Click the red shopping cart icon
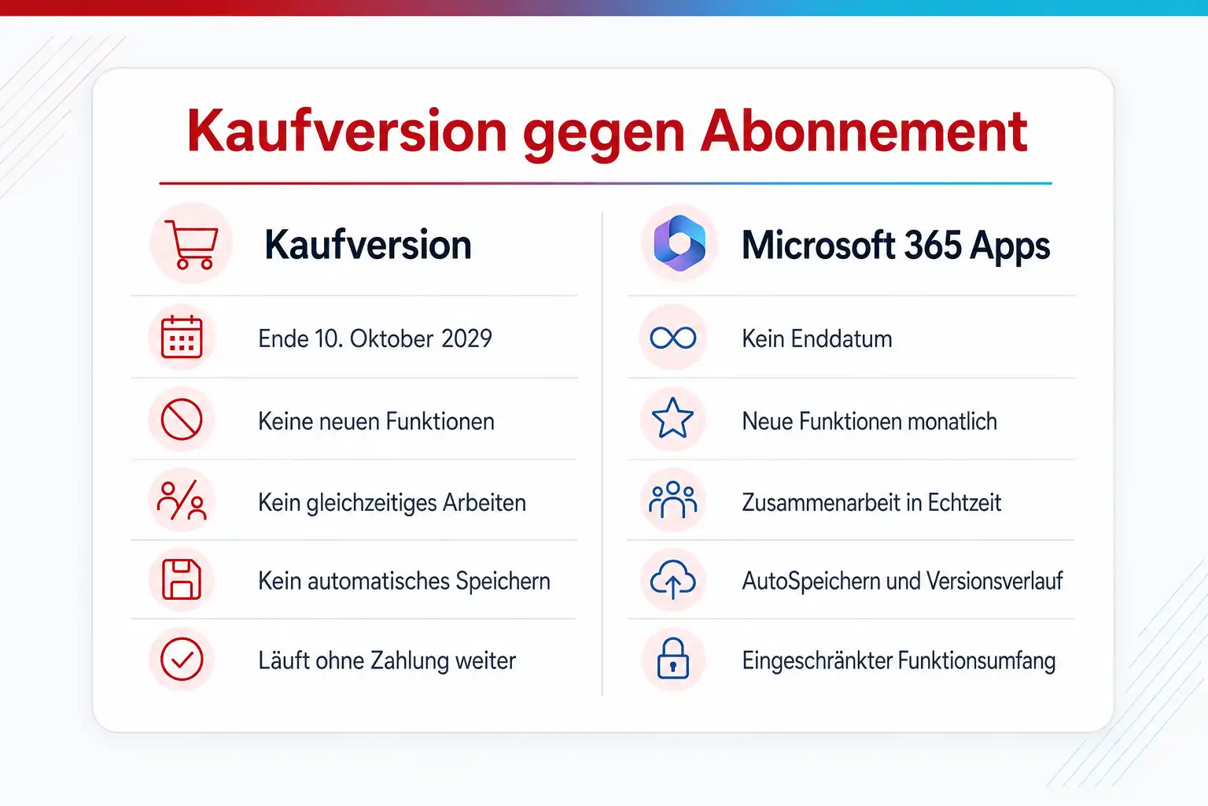[192, 244]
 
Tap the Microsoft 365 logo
[679, 243]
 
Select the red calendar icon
[182, 337]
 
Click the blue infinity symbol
[673, 338]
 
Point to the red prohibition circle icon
[182, 420]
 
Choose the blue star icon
[672, 418]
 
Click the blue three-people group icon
[673, 500]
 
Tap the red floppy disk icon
[182, 580]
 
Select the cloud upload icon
[673, 579]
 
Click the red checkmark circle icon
[182, 659]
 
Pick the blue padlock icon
[673, 658]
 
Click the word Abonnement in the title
[864, 131]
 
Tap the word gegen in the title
[603, 136]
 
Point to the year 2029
[466, 339]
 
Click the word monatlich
[952, 421]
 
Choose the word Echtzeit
[964, 502]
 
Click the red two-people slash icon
[182, 500]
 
